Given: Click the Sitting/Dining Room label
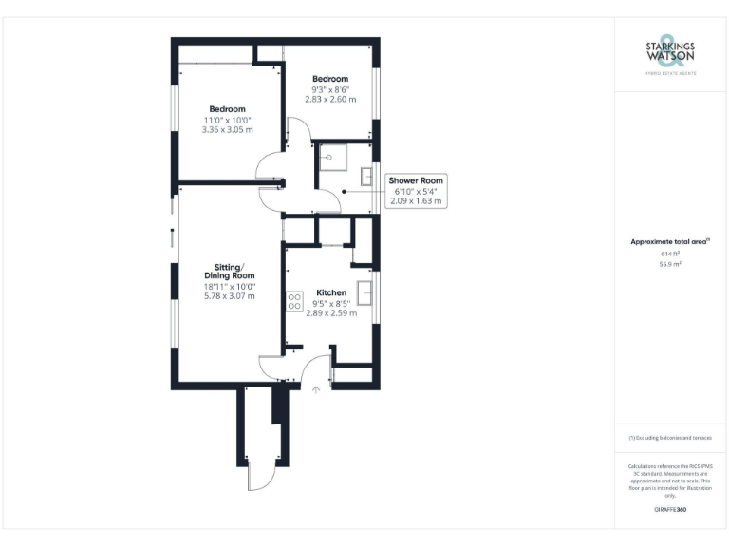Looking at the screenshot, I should (x=230, y=271).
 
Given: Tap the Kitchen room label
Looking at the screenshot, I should (x=318, y=292).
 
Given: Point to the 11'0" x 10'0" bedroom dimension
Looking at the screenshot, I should (x=228, y=120).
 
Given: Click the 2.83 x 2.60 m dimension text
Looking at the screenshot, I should (x=330, y=99).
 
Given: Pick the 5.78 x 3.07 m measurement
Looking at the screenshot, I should (x=230, y=296).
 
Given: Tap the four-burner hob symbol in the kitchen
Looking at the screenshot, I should (x=293, y=302).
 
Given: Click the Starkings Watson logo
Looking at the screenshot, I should (x=670, y=56).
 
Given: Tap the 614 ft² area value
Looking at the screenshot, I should (x=670, y=255).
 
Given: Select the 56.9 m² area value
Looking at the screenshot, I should (x=670, y=265).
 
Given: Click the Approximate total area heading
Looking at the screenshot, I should (x=669, y=243).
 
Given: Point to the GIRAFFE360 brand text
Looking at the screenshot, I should (x=670, y=510).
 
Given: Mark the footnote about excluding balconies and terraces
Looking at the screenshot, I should (x=670, y=438).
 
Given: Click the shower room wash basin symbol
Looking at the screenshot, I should (x=366, y=176).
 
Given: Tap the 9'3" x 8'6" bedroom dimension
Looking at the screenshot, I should (x=330, y=89).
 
